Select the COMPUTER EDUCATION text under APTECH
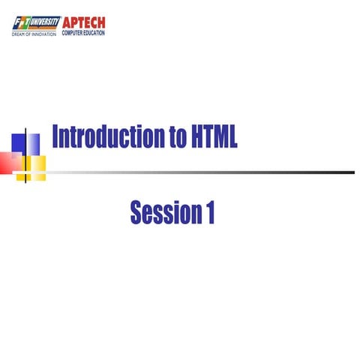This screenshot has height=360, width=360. pos(83,33)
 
